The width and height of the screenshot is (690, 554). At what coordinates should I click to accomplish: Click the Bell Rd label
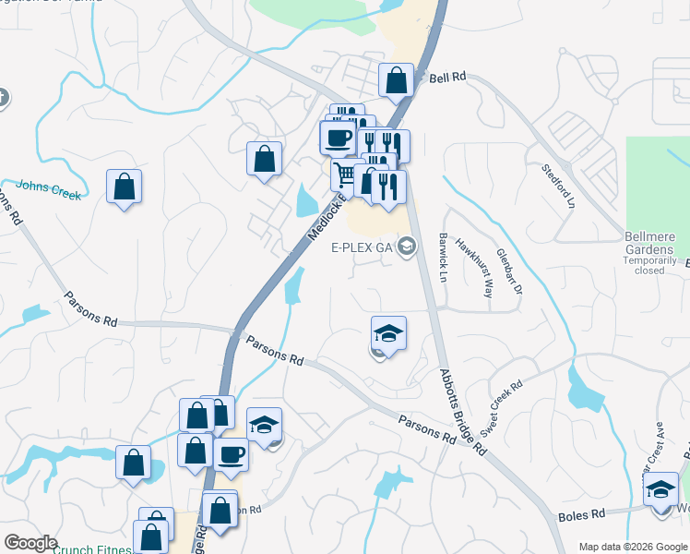coord(447,78)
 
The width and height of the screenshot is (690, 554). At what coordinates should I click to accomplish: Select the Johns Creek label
coord(48,189)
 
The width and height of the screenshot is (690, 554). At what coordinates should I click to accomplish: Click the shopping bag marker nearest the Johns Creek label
coord(124,187)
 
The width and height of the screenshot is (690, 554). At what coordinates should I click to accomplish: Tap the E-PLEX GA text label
coord(363,247)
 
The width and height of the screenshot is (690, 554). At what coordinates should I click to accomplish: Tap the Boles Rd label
coord(581,513)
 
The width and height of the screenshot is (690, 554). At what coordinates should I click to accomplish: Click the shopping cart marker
coord(346,175)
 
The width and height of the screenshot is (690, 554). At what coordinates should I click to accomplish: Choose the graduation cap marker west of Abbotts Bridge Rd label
coord(388,333)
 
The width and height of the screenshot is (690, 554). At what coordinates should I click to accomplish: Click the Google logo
coord(30,543)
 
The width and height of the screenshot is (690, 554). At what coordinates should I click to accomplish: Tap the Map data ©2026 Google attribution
coord(632,547)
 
